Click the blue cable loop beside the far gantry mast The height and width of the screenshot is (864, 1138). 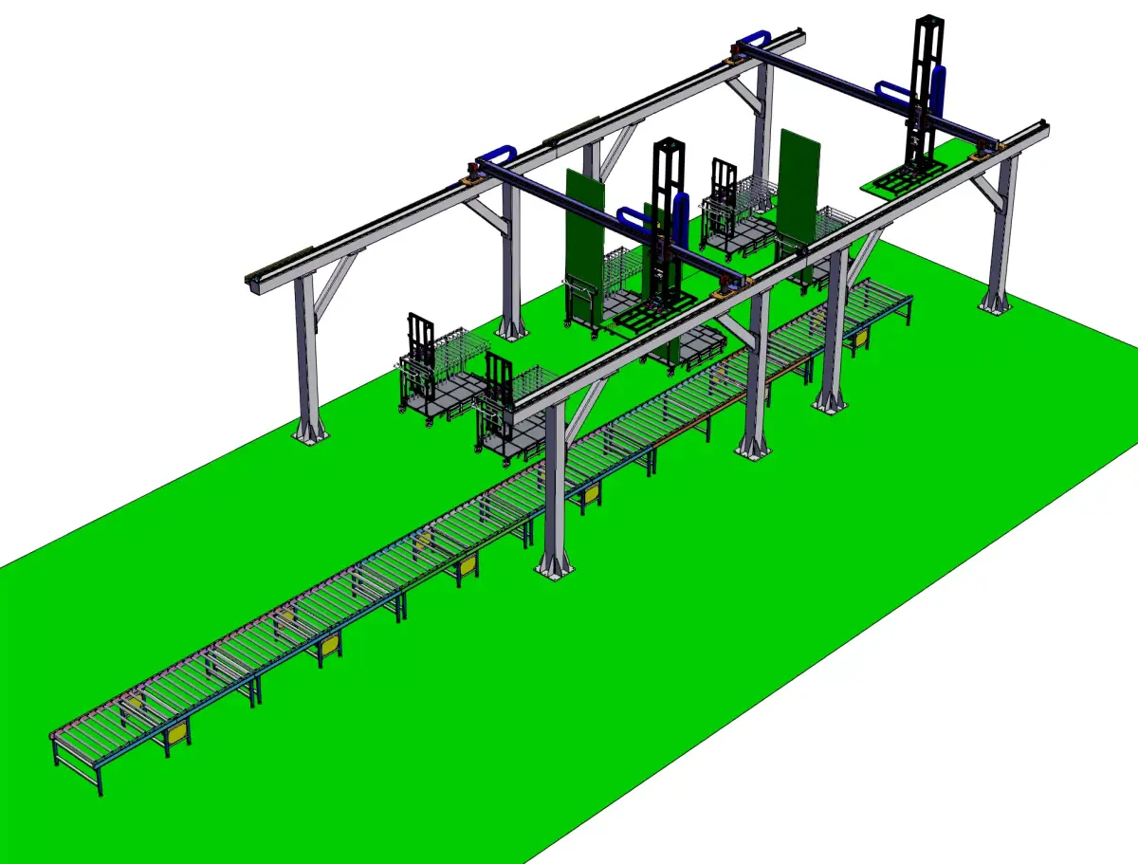939,95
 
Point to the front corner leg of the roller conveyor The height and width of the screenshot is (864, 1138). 98,782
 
